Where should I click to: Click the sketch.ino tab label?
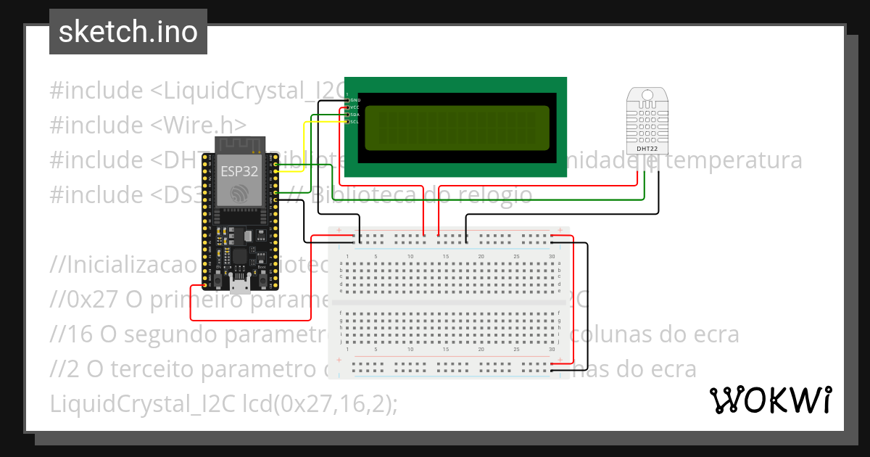pyautogui.click(x=128, y=32)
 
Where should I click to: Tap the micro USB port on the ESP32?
pyautogui.click(x=239, y=282)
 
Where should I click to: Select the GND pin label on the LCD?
pyautogui.click(x=355, y=99)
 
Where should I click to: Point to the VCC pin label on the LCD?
pyautogui.click(x=355, y=107)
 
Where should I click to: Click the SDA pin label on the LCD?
pyautogui.click(x=355, y=115)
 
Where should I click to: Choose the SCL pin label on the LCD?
pyautogui.click(x=355, y=122)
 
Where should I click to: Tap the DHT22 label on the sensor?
pyautogui.click(x=647, y=149)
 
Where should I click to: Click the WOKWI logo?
pyautogui.click(x=770, y=400)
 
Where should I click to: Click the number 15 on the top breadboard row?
pyautogui.click(x=445, y=257)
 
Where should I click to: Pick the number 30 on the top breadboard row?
pyautogui.click(x=552, y=257)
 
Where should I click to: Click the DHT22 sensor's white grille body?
pyautogui.click(x=647, y=123)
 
